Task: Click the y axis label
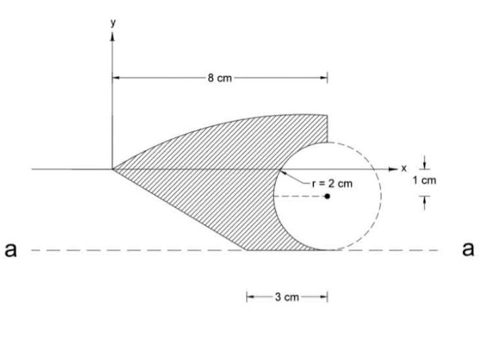[x=113, y=22]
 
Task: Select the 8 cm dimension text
[x=220, y=78]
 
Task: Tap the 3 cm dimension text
[x=287, y=297]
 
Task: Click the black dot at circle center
[x=327, y=197]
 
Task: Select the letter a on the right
[x=468, y=250]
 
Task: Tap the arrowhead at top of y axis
[x=113, y=33]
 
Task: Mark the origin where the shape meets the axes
[x=113, y=169]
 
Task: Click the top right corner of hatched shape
[x=328, y=115]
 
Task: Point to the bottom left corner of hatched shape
[x=247, y=250]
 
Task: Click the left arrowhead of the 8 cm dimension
[x=115, y=78]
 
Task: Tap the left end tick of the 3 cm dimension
[x=247, y=297]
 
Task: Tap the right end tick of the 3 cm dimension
[x=328, y=297]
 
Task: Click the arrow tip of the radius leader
[x=280, y=170]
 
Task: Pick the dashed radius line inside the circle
[x=300, y=197]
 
